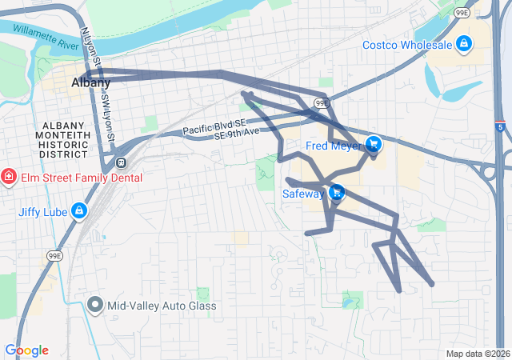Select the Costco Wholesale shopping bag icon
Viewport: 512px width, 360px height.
click(x=463, y=43)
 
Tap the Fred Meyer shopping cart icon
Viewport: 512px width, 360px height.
click(x=373, y=145)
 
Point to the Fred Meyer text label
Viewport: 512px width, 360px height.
click(x=334, y=146)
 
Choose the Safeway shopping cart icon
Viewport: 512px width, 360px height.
click(x=337, y=192)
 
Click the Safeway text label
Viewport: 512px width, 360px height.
click(x=304, y=193)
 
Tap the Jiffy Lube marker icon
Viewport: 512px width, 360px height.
click(x=78, y=212)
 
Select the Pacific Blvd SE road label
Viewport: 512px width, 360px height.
click(x=213, y=126)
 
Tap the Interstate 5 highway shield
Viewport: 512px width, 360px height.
click(x=500, y=126)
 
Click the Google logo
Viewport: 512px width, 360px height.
click(x=26, y=350)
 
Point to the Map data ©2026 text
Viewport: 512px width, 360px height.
click(x=478, y=354)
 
